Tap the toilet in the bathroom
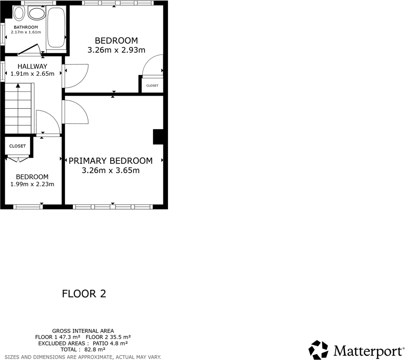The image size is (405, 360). tap(19, 12)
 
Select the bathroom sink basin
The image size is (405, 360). tap(35, 12)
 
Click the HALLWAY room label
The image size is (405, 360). tap(32, 67)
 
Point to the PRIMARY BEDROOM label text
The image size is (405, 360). tap(111, 161)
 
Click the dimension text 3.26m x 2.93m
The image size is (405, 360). tap(116, 50)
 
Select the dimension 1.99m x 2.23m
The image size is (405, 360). tap(32, 184)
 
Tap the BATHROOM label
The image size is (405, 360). tap(25, 27)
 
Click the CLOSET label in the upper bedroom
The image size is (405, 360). tap(152, 86)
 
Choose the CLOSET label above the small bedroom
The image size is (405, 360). tap(17, 146)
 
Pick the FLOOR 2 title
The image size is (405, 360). tap(84, 293)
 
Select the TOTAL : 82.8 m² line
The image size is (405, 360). tap(83, 349)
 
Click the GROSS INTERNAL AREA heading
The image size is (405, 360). tap(83, 331)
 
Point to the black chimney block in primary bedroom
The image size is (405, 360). tap(158, 137)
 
